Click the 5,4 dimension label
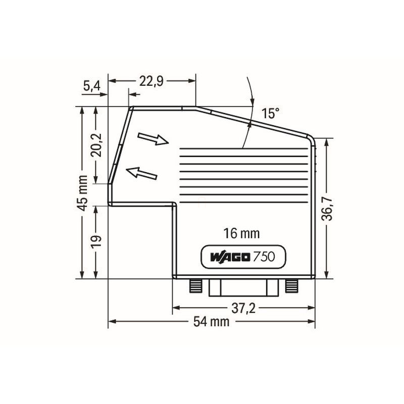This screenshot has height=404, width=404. tap(92, 86)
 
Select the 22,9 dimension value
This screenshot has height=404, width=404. tap(151, 81)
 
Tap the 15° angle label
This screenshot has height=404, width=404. tap(270, 113)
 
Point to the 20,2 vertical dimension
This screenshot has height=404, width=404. tap(96, 145)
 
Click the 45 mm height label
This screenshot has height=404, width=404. tap(82, 193)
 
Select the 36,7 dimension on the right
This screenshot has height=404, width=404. tap(327, 209)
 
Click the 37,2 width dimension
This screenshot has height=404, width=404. tap(243, 308)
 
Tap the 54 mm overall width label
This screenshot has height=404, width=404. tap(211, 322)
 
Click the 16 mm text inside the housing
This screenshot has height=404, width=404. tap(241, 233)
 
